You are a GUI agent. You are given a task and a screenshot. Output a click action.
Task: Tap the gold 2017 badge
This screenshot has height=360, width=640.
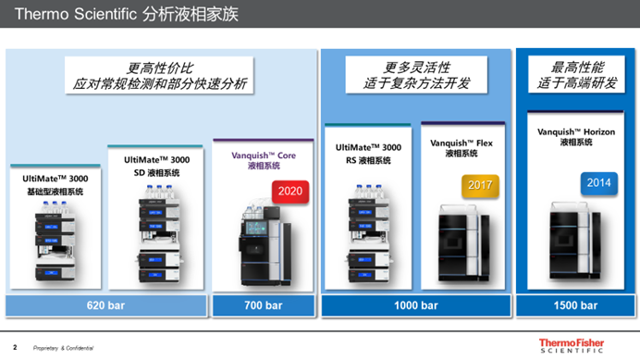(479, 185)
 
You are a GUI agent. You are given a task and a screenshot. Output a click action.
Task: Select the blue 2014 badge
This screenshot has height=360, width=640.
(597, 182)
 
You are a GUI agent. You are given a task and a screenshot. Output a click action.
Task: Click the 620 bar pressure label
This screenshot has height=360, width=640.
(106, 305)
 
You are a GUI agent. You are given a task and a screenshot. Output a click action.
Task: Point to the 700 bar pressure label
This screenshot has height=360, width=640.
(264, 305)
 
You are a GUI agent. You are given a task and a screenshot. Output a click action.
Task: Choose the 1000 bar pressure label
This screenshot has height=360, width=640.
(416, 305)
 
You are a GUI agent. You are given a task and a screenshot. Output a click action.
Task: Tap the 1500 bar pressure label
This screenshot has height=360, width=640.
(573, 305)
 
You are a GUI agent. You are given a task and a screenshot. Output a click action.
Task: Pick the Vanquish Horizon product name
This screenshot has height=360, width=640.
(575, 137)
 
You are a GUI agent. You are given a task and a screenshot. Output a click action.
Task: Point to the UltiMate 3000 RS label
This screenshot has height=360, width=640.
(368, 153)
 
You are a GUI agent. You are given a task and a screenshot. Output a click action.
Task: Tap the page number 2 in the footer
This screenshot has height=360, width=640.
(14, 347)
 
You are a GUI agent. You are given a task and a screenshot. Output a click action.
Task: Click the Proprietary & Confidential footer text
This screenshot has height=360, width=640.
(63, 348)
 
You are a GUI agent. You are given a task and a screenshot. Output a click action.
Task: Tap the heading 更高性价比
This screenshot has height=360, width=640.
(161, 67)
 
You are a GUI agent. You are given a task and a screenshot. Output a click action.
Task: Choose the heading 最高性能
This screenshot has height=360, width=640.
(574, 67)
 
